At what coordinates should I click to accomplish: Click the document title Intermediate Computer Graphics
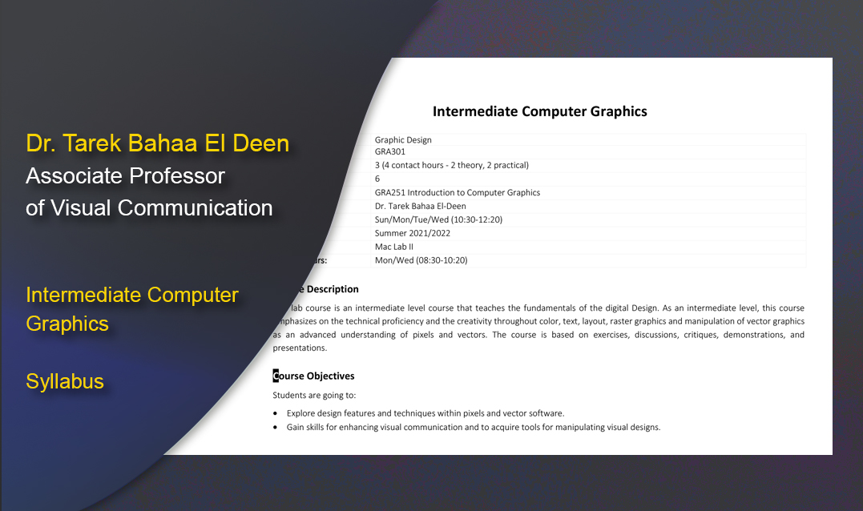pyautogui.click(x=539, y=111)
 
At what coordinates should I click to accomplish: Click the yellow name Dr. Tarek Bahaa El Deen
pyautogui.click(x=157, y=143)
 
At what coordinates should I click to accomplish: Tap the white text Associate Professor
pyautogui.click(x=125, y=175)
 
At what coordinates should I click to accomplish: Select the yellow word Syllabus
pyautogui.click(x=65, y=381)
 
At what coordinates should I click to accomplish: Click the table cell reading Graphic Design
pyautogui.click(x=403, y=140)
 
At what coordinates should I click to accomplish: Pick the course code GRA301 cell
pyautogui.click(x=390, y=151)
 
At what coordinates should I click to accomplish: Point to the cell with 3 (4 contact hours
pyautogui.click(x=451, y=166)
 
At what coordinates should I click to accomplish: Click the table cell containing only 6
pyautogui.click(x=377, y=179)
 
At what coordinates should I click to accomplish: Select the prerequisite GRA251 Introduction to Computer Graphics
pyautogui.click(x=457, y=192)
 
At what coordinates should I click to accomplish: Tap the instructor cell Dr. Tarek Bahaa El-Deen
pyautogui.click(x=420, y=206)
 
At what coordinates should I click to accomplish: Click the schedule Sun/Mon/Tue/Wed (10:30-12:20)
pyautogui.click(x=438, y=219)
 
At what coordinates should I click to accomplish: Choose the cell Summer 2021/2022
pyautogui.click(x=412, y=233)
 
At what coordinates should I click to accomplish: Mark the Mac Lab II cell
pyautogui.click(x=393, y=247)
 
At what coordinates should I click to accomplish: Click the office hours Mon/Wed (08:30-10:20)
pyautogui.click(x=421, y=260)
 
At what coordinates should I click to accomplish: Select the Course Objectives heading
pyautogui.click(x=314, y=376)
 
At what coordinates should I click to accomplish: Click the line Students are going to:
pyautogui.click(x=314, y=395)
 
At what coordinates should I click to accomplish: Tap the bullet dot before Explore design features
pyautogui.click(x=276, y=414)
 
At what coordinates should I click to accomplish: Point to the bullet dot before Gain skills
pyautogui.click(x=276, y=428)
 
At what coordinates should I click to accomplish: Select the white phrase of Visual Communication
pyautogui.click(x=149, y=207)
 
